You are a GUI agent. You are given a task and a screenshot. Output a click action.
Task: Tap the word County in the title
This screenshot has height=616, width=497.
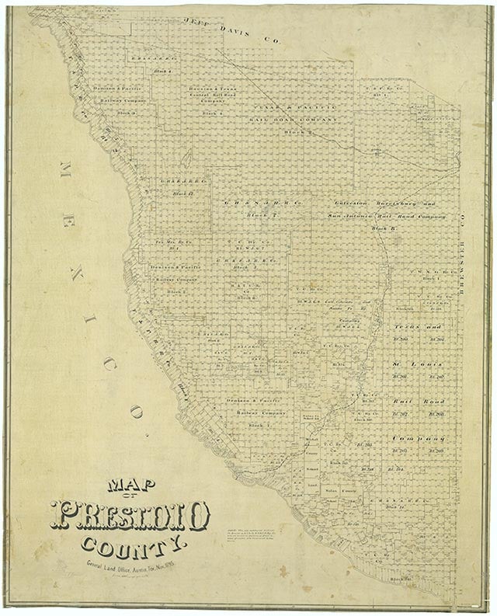[135, 546]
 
